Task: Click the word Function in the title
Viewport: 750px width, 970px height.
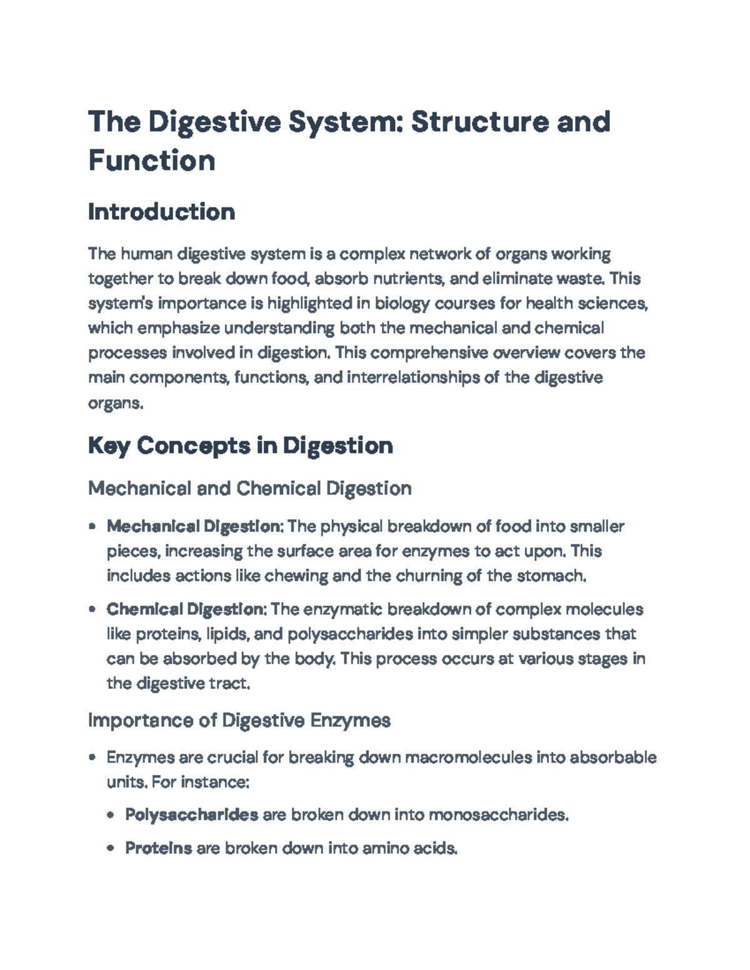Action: click(152, 160)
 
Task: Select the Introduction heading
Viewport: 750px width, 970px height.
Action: click(161, 212)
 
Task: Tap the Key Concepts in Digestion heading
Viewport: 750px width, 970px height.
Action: click(241, 445)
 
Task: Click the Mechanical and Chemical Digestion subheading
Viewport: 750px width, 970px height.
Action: click(249, 488)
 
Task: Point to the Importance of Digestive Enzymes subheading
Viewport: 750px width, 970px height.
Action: click(239, 720)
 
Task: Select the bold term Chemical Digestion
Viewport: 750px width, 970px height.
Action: click(186, 609)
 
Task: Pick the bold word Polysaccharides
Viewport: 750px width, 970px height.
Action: click(191, 814)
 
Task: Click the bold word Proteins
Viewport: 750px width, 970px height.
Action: click(158, 848)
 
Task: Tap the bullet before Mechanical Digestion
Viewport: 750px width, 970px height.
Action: click(92, 527)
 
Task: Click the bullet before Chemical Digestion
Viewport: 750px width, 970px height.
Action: click(92, 609)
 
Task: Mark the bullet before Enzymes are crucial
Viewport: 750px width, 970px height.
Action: click(92, 758)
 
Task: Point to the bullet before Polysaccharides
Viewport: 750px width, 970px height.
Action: click(111, 815)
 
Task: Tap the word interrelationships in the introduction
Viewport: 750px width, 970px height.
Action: click(413, 378)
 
